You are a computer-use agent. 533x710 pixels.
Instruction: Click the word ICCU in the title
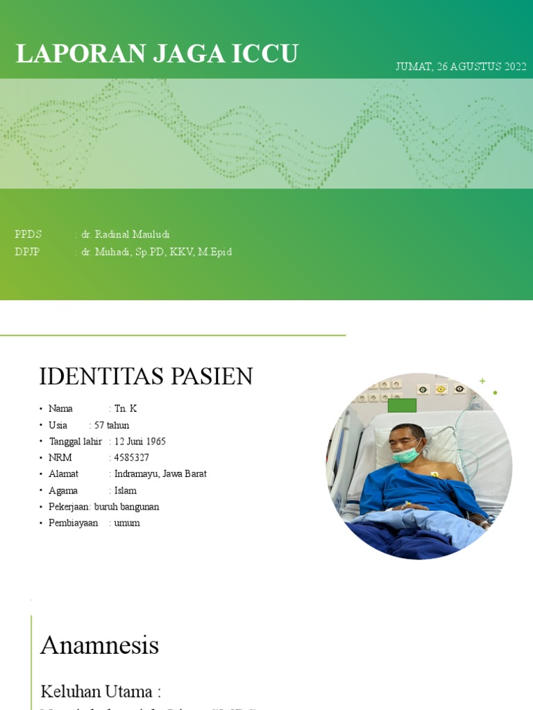[264, 54]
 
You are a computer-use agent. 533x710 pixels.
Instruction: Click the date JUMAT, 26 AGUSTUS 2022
[460, 67]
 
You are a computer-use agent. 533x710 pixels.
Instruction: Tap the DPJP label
[27, 252]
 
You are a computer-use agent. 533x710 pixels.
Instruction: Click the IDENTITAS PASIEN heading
[146, 376]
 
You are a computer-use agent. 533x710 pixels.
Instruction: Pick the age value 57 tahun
[112, 425]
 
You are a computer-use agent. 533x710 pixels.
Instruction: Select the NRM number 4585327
[131, 458]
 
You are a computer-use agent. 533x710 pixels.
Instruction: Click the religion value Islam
[125, 491]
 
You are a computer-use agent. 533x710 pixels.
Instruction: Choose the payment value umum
[127, 523]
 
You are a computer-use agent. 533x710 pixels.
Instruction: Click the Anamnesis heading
[99, 646]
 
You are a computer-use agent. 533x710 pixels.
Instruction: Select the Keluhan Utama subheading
[101, 691]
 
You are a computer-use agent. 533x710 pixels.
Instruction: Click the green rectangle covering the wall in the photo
[402, 406]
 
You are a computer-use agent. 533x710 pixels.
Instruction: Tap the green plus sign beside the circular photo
[482, 381]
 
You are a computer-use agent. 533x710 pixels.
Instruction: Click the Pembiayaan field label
[74, 523]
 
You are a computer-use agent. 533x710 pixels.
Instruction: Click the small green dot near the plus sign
[495, 393]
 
